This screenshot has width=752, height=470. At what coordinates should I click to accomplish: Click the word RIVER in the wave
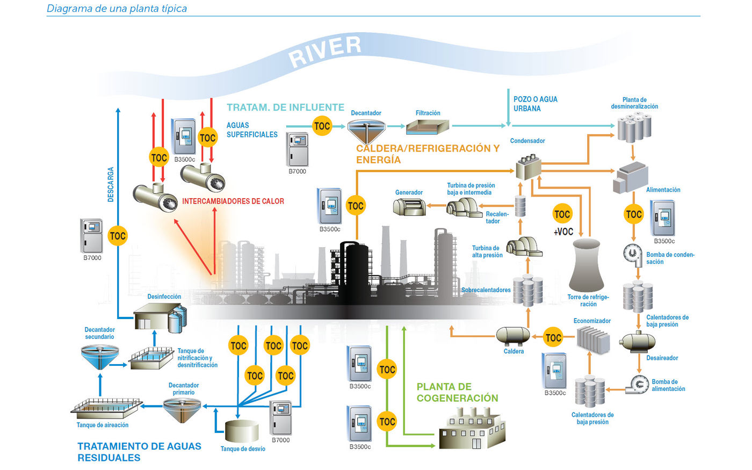point(324,52)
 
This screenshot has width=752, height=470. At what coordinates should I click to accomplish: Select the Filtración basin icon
point(427,127)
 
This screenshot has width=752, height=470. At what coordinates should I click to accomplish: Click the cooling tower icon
point(587,265)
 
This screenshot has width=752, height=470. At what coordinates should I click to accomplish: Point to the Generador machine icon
point(409,207)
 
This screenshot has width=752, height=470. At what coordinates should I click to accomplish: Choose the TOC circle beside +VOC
point(562,214)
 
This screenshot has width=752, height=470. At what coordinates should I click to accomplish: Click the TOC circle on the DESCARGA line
point(118,235)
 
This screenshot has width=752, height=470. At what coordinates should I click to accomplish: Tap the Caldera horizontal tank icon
point(513,336)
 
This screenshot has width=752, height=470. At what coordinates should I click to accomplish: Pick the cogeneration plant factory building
point(472,429)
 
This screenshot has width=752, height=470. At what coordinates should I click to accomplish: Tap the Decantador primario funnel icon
point(184,409)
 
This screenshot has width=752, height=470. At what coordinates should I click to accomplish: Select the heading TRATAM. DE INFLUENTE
point(285,107)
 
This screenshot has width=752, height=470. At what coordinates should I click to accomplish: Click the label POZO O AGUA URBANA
point(535,104)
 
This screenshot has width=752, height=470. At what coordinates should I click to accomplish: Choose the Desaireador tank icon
point(638,342)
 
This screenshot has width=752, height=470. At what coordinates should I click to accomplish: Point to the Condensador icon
point(529,167)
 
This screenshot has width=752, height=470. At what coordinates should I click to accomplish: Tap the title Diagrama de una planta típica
point(117,9)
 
